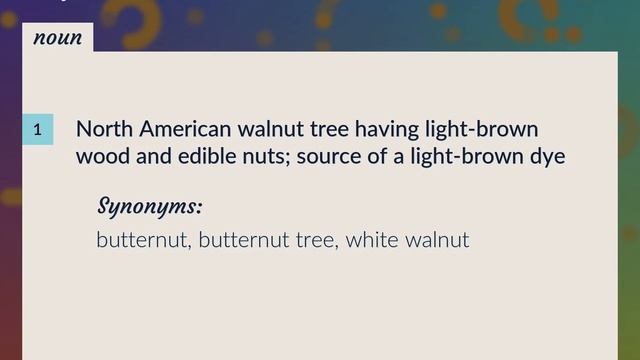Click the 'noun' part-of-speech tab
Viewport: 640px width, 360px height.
[x=57, y=38]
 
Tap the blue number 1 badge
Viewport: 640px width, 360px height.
[x=37, y=130]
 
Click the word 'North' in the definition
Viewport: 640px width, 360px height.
[x=104, y=130]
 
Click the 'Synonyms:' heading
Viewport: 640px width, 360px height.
[x=150, y=207]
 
